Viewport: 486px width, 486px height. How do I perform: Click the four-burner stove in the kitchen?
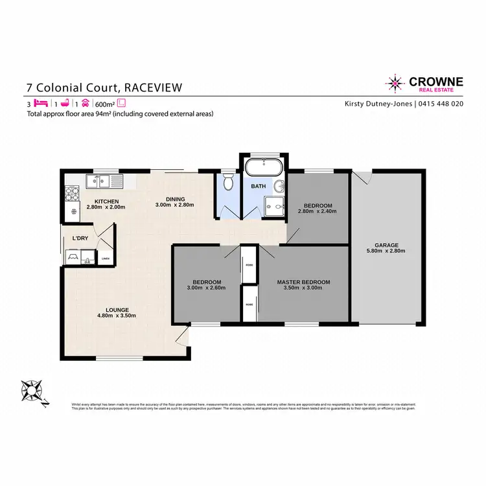pos(71,192)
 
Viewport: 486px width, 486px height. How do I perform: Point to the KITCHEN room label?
pos(106,200)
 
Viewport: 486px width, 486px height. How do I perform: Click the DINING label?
pos(175,199)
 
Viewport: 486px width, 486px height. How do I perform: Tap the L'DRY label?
pos(80,238)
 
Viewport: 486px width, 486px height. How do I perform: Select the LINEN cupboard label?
pos(106,259)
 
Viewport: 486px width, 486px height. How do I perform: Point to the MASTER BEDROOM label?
pos(303,282)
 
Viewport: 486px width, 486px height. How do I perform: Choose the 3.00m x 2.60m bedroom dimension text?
pos(207,288)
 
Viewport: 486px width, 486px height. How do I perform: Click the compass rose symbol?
pos(32,391)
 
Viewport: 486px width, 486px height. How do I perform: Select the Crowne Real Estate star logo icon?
pos(394,83)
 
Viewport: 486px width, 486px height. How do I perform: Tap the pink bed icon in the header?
pos(41,103)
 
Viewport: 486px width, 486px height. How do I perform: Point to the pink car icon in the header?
pos(84,103)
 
